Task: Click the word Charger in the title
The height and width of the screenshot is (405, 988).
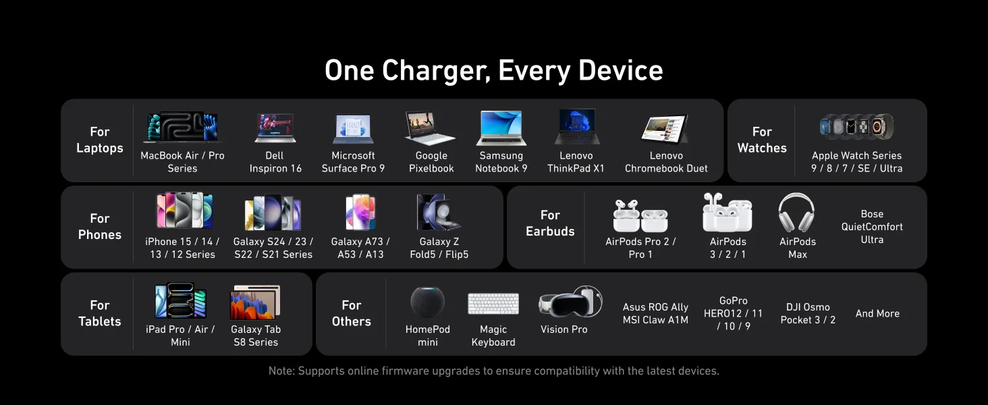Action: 436,71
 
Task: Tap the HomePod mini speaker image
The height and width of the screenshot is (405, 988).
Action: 427,302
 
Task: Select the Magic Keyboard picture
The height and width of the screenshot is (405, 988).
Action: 493,304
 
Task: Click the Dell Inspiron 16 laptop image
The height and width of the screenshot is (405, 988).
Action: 275,128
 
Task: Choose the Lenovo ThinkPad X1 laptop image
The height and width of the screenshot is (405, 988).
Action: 576,127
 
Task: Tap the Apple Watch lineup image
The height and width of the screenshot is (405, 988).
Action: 856,127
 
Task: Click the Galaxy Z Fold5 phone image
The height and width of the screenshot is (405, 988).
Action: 439,212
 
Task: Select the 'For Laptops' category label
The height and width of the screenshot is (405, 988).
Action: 100,140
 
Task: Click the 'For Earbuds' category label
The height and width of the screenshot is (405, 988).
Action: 550,223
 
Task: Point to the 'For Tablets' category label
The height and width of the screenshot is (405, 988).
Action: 100,313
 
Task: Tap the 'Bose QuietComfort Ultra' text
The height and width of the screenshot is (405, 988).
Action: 872,227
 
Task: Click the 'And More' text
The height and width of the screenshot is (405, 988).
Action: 877,314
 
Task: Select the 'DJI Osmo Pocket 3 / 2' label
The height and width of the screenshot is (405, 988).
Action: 808,313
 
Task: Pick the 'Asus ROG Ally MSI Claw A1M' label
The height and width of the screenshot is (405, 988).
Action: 655,313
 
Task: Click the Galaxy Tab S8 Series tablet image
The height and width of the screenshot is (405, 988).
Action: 255,302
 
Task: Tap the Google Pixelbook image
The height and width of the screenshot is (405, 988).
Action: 430,128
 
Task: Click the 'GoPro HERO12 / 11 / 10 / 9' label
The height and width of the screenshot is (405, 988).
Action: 733,313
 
